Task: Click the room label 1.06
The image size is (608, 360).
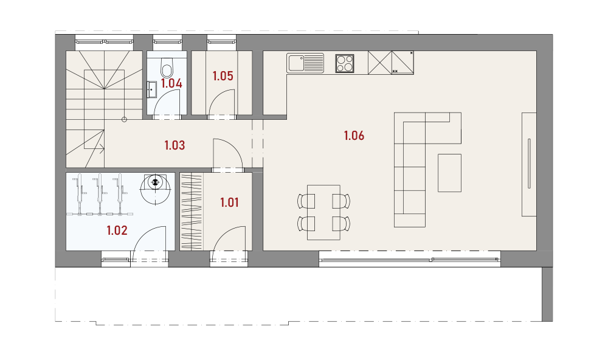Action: (x=354, y=136)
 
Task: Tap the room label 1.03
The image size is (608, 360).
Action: (x=174, y=145)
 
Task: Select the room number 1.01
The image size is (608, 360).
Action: (x=229, y=202)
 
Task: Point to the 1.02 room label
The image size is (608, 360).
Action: (x=117, y=231)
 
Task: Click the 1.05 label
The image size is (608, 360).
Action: (x=223, y=76)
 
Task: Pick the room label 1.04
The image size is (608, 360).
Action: (x=171, y=84)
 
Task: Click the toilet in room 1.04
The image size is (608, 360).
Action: (x=167, y=68)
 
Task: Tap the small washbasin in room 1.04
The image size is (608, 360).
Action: (x=151, y=89)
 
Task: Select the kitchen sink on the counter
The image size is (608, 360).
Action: (x=305, y=63)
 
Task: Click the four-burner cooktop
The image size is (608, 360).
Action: (x=345, y=64)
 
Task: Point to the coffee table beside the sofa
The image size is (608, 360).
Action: (x=449, y=173)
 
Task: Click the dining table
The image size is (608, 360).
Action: (x=324, y=213)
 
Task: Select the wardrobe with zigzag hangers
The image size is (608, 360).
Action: (x=192, y=211)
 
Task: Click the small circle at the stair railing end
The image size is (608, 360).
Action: (x=124, y=119)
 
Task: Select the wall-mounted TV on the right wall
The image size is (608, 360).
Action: (x=530, y=164)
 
